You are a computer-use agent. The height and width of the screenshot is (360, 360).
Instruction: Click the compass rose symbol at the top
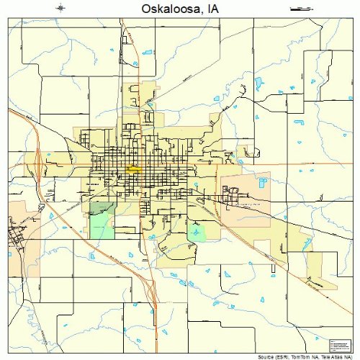(60, 8)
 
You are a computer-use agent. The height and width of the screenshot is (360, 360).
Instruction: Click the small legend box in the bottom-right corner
(337, 345)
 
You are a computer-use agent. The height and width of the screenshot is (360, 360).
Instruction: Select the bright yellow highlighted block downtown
(133, 169)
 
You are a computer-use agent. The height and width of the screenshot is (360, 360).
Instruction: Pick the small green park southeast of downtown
(196, 233)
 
